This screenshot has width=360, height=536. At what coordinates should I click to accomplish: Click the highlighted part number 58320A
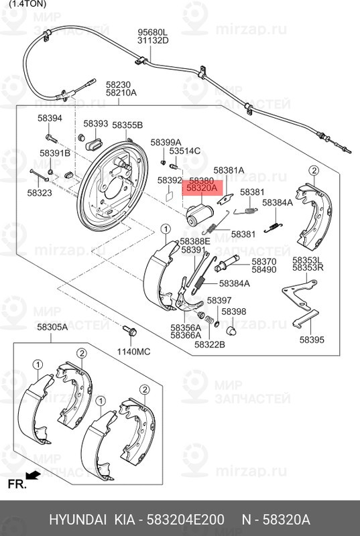pos(202,190)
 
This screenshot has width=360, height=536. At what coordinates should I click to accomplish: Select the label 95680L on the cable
pos(153,31)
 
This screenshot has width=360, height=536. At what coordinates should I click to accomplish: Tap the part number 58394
pos(50,119)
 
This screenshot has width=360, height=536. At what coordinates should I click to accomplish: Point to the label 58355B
pos(127,125)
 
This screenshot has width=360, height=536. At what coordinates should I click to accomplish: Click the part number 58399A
pos(166,142)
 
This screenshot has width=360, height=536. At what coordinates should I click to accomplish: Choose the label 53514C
pos(184,151)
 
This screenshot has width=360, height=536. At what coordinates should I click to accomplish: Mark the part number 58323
pos(40,193)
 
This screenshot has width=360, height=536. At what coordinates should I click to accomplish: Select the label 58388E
pos(194,241)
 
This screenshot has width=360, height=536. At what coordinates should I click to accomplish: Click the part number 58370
pos(263,261)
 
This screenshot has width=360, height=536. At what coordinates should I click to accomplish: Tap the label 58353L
pos(308,259)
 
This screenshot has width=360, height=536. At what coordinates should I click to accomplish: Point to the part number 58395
pos(311,340)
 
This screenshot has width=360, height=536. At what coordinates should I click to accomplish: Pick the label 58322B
pos(210,344)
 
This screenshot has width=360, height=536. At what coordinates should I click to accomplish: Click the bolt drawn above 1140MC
pos(130,332)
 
